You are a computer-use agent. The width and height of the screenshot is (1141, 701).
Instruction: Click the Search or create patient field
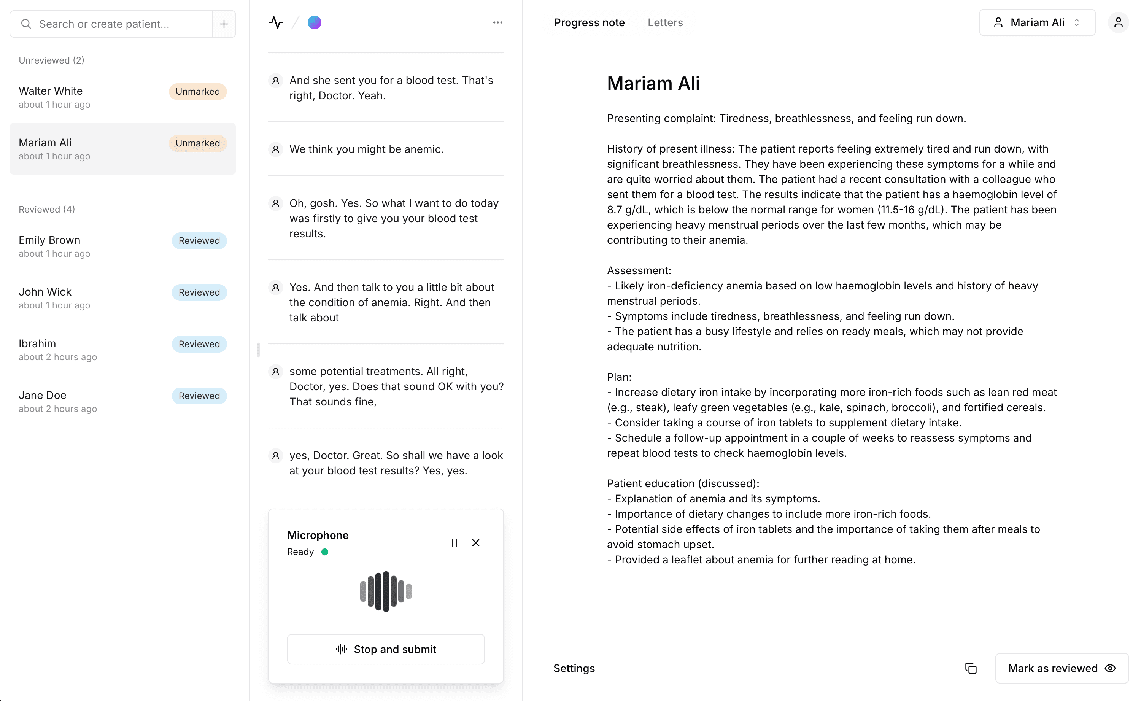[111, 24]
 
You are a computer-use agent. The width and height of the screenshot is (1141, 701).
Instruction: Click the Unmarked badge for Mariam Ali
[197, 143]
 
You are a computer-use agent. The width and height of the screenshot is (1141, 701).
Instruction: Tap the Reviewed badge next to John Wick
[199, 292]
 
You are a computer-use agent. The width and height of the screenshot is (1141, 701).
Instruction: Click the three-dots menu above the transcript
[497, 23]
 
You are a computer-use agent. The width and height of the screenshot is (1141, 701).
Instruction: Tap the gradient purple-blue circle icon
[314, 23]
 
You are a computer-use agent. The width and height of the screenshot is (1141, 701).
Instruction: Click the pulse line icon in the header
[276, 23]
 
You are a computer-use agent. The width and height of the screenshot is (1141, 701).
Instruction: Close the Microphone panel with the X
[475, 543]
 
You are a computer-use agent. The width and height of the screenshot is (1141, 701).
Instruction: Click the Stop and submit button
[386, 649]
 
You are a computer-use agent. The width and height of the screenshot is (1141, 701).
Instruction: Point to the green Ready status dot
[325, 552]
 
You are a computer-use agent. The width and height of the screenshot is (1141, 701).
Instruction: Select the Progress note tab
[589, 23]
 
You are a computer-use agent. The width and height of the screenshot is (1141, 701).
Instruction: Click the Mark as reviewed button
[1061, 668]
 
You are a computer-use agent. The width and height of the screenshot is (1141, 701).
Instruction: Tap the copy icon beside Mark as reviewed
[971, 668]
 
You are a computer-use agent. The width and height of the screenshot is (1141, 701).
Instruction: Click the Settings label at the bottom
[574, 668]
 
